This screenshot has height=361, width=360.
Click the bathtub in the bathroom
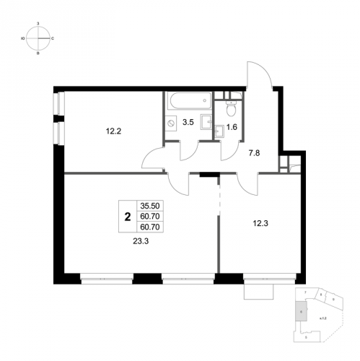[x=188, y=100]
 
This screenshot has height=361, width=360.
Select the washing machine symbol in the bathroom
[x=172, y=123]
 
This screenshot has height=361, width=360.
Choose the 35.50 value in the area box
[x=149, y=205]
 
